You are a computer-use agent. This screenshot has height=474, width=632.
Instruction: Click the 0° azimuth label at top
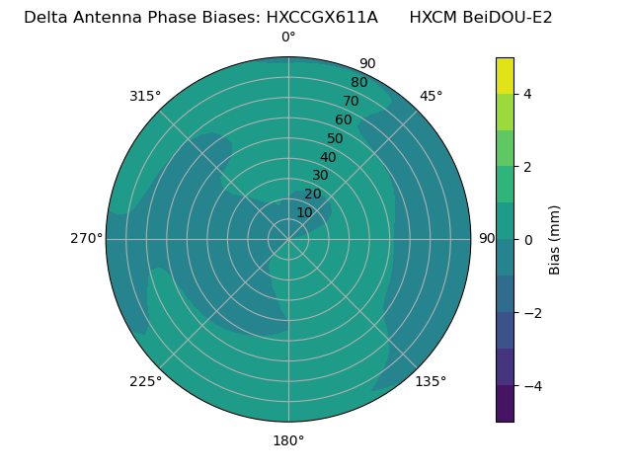[288, 38]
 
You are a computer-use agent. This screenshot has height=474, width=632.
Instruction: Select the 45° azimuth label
[431, 96]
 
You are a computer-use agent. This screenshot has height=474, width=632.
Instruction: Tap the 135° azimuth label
[431, 381]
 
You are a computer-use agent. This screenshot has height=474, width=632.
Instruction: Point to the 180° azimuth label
[288, 440]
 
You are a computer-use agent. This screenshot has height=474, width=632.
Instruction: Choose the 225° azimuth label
[145, 381]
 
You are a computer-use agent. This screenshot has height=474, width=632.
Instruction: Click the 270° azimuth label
[86, 238]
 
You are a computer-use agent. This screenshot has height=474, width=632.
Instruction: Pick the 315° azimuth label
[145, 96]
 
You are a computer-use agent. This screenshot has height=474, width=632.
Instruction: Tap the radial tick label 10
[304, 212]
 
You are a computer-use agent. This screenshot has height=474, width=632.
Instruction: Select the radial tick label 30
[320, 175]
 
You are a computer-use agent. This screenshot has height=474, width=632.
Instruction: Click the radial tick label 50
[336, 138]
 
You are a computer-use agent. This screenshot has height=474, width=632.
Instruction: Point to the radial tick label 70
[351, 101]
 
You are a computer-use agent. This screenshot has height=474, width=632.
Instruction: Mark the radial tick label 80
[358, 82]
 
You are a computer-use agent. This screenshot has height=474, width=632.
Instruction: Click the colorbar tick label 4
[528, 94]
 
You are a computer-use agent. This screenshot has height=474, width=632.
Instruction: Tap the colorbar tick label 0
[528, 240]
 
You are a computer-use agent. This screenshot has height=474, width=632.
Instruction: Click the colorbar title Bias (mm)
[555, 239]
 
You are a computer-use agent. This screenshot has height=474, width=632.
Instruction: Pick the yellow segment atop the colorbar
[505, 75]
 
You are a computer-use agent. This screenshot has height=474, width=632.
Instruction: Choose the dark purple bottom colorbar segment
[505, 404]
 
